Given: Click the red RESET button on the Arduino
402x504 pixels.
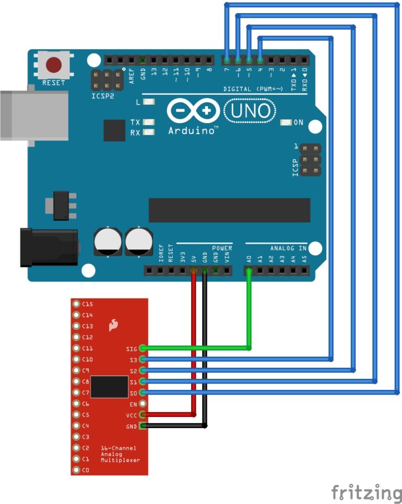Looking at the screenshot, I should coord(54,65).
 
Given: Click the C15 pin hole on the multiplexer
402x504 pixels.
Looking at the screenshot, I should coord(76,304).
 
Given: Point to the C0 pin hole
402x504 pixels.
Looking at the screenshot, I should coord(76,470).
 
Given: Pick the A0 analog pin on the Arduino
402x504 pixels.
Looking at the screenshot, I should coord(249,271).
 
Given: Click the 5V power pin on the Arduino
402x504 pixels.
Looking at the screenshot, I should coord(194,271).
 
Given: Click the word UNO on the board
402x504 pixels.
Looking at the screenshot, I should coord(250,111).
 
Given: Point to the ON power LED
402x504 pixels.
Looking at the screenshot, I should coord(286,123).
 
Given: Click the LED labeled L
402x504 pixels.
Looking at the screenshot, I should coord(149,102).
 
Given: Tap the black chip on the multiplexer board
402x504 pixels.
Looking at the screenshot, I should coord(109,387).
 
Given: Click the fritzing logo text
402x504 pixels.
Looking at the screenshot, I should coord(366,493).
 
